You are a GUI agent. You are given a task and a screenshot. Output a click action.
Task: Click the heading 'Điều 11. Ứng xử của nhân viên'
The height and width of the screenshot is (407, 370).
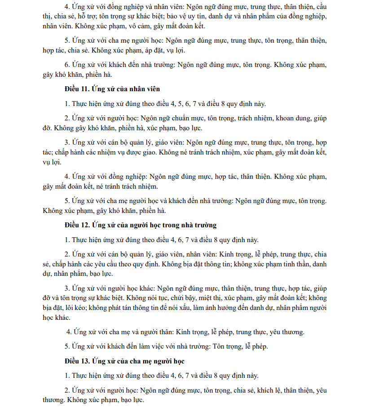(112, 88)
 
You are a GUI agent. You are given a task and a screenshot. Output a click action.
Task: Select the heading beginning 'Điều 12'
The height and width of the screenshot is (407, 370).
(141, 225)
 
